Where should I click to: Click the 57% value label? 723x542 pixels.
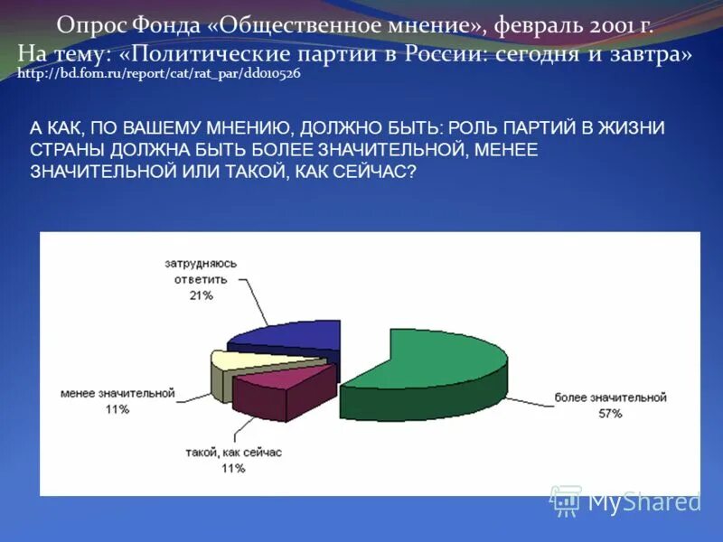tap(610, 414)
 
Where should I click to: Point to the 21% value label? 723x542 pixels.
tap(201, 295)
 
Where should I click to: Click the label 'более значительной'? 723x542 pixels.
tap(610, 397)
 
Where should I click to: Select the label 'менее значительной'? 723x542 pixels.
tap(117, 394)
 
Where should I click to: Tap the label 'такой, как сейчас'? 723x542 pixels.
tap(232, 453)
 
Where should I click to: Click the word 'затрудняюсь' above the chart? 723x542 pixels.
tap(201, 264)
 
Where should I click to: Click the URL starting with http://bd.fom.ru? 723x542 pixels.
tap(159, 74)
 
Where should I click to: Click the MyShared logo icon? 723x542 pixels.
tap(566, 500)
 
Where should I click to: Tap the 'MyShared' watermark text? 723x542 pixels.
tap(643, 501)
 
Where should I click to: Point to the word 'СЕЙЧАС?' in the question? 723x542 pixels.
tap(379, 171)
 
